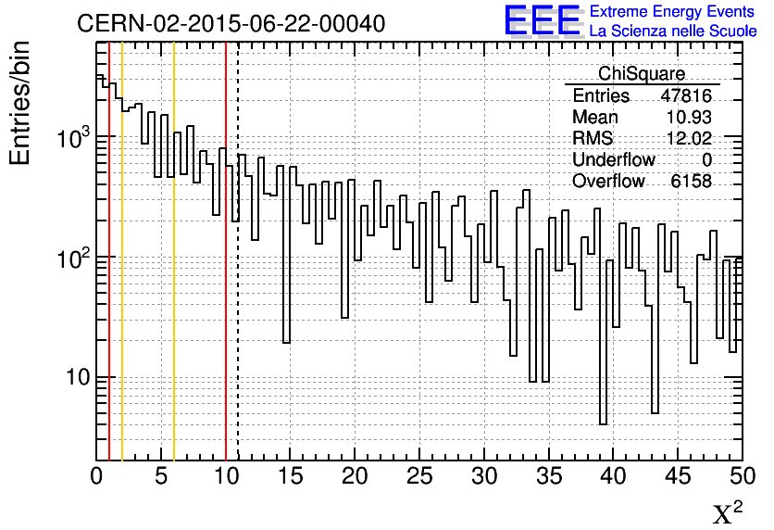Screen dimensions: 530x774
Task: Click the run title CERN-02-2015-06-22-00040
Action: [x=231, y=23]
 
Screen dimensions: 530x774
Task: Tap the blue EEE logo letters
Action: [x=542, y=20]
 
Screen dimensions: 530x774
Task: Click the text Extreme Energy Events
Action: [x=672, y=12]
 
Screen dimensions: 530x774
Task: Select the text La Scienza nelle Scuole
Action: [x=672, y=32]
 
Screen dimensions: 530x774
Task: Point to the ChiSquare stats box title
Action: [x=642, y=74]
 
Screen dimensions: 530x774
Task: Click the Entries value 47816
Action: [x=686, y=96]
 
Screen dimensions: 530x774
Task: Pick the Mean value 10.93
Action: [x=689, y=118]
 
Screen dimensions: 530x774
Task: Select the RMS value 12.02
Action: [x=689, y=139]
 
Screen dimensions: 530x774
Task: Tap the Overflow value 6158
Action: [x=691, y=182]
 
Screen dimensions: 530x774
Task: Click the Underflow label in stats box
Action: [x=614, y=160]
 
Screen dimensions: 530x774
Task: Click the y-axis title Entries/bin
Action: [x=20, y=103]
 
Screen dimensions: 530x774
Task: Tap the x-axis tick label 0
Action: [x=96, y=476]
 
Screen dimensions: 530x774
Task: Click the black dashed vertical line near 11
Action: [x=238, y=278]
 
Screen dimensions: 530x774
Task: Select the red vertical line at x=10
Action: [x=226, y=278]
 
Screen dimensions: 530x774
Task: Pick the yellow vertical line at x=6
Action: [x=174, y=278]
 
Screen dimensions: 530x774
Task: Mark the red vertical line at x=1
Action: [x=109, y=278]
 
